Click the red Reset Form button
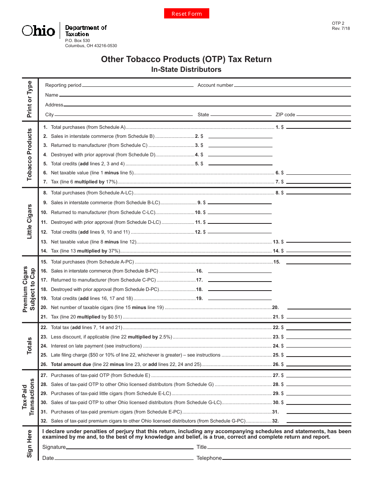point(186,14)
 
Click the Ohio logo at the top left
point(38,31)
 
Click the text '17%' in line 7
point(111,182)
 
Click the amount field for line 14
point(318,251)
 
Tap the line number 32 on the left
point(44,421)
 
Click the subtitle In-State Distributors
point(186,70)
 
